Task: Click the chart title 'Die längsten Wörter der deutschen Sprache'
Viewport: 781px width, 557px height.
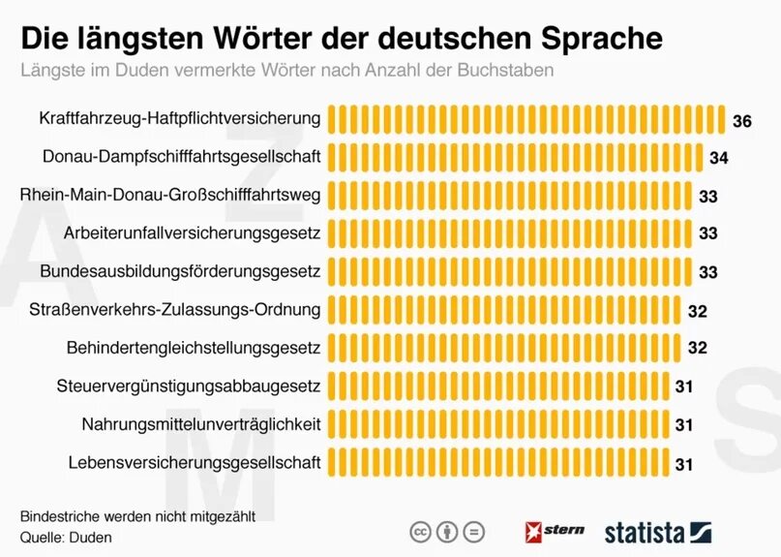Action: click(343, 39)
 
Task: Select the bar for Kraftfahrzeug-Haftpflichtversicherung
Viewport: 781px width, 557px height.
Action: click(526, 119)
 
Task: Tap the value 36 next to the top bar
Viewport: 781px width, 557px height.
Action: click(741, 121)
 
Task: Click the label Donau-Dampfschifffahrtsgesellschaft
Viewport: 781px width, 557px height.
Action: click(182, 156)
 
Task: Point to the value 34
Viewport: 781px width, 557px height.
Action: click(718, 158)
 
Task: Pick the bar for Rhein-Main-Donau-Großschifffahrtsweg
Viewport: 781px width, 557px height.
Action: click(509, 195)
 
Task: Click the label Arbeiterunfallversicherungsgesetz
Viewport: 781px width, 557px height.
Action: click(192, 232)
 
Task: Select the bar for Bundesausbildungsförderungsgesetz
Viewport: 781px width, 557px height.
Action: click(509, 271)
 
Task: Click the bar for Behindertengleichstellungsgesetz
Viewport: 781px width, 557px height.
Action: click(503, 347)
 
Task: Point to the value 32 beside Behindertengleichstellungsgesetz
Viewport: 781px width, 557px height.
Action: click(697, 348)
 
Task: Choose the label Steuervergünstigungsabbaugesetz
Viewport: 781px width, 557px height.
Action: click(189, 386)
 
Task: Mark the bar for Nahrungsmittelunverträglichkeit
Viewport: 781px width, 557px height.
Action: click(497, 423)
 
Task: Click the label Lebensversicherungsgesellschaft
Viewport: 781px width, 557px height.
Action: click(195, 462)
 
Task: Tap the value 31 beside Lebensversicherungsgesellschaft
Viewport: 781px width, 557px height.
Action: click(684, 464)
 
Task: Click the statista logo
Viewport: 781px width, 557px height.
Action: click(658, 532)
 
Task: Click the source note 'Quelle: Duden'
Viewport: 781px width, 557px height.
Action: click(66, 536)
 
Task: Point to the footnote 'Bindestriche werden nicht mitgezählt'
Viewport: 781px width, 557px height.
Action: click(137, 515)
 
